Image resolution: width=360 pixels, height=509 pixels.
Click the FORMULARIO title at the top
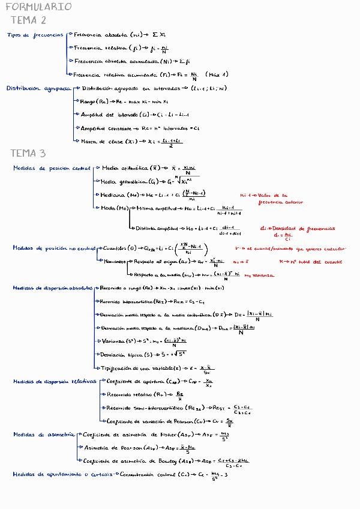click(x=38, y=7)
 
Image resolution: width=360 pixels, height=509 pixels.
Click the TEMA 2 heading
click(x=29, y=20)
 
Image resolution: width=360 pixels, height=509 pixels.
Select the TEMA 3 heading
click(x=29, y=153)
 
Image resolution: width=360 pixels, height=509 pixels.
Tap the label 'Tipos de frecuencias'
click(x=35, y=35)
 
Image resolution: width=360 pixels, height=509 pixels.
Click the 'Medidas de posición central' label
click(x=52, y=169)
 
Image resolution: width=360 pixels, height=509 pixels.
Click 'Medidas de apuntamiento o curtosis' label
click(x=64, y=474)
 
